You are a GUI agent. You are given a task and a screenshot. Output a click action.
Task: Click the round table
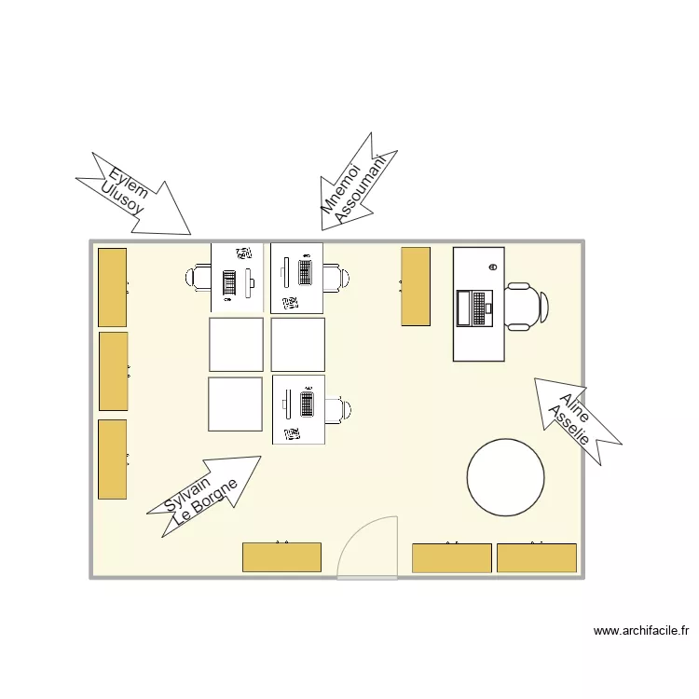505,478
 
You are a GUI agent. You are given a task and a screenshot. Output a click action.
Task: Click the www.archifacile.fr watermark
641,631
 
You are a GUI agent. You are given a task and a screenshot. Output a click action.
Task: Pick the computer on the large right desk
473,308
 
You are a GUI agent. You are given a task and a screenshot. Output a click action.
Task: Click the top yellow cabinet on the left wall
113,287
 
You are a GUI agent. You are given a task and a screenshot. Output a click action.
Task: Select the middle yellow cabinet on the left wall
113,371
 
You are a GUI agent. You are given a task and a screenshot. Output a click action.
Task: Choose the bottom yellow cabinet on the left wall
112,459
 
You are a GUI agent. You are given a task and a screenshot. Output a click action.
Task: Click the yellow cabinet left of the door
281,557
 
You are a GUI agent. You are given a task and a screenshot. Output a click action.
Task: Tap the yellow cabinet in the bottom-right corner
536,557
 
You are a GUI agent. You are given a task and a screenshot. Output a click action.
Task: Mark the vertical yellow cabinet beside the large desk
416,286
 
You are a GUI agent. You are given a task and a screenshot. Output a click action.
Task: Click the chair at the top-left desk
199,278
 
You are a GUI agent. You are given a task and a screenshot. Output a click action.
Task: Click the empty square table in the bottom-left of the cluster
235,404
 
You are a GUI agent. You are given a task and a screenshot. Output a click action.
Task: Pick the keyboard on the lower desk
307,404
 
